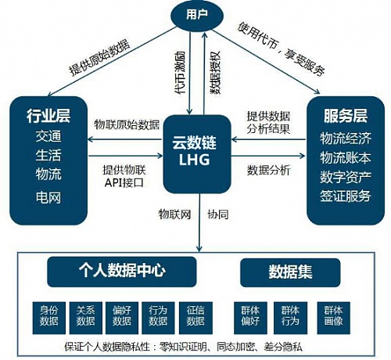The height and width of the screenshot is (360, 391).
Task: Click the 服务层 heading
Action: [345, 118]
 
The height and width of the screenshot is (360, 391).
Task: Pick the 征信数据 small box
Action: [195, 316]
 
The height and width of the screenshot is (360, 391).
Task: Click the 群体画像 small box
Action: [332, 316]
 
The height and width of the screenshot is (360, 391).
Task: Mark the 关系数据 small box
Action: [84, 316]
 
